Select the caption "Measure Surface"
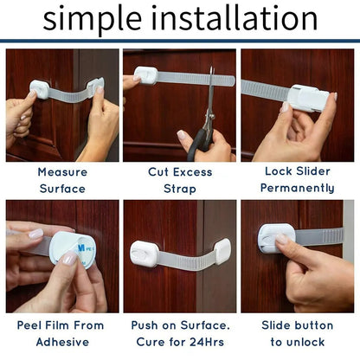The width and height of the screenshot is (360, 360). [61, 180]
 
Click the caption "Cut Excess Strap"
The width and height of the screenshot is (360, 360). [180, 180]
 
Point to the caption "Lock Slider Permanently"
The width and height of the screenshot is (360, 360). [298, 180]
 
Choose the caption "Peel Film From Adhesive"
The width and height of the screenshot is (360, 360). [61, 333]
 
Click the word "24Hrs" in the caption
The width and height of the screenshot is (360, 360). [208, 341]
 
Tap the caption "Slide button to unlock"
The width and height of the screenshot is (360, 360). [298, 333]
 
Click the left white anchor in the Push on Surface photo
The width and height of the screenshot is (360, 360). [144, 254]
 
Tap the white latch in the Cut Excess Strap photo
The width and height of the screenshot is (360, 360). [145, 76]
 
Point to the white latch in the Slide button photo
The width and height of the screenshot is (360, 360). [276, 237]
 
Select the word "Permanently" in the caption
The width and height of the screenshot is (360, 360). [298, 188]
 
